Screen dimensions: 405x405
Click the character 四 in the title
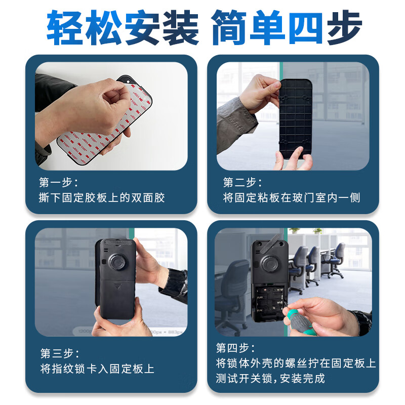click(306, 28)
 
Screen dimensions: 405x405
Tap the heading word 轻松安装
click(123, 28)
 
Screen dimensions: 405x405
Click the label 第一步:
click(59, 182)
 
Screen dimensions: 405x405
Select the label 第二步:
click(242, 182)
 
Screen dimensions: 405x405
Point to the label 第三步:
click(60, 353)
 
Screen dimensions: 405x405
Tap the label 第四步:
click(235, 348)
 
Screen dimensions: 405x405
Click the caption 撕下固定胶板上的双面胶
click(102, 197)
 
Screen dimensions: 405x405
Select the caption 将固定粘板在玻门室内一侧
click(292, 197)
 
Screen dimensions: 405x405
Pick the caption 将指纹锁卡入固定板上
click(97, 369)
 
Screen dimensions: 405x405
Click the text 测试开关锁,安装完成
click(270, 378)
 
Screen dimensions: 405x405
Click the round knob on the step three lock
click(118, 262)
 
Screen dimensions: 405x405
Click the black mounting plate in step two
click(296, 119)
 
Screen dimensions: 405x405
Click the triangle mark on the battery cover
click(117, 286)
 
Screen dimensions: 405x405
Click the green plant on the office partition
click(295, 230)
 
